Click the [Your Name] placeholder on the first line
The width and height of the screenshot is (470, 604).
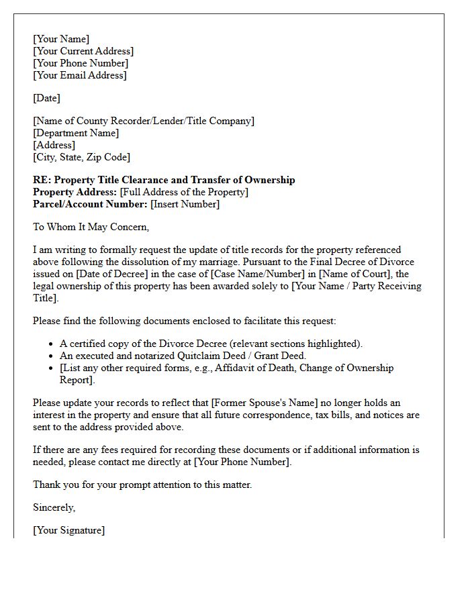[61, 39]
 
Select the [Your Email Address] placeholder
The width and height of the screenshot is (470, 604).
[79, 75]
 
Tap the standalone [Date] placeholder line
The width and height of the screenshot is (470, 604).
[46, 98]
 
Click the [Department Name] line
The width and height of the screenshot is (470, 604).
[76, 133]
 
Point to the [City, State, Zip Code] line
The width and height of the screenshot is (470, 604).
[81, 157]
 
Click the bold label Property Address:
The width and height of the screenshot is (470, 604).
[75, 192]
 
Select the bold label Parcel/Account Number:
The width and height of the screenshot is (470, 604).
[90, 204]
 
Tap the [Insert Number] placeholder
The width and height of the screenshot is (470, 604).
[185, 204]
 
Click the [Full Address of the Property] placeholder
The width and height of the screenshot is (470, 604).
[184, 192]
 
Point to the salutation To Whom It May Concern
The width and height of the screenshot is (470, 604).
[91, 227]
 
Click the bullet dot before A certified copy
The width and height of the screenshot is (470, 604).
[52, 344]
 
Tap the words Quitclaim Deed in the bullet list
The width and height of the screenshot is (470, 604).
[199, 356]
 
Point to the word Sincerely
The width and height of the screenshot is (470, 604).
[54, 507]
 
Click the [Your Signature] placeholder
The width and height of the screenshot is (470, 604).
[68, 530]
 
